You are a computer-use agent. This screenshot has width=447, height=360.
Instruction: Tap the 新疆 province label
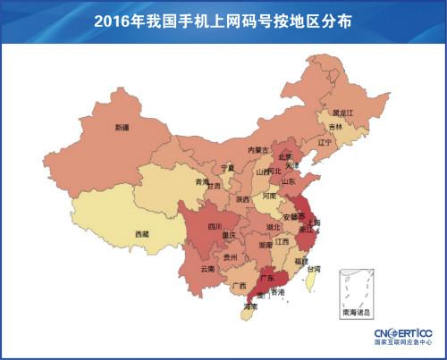pos(122,128)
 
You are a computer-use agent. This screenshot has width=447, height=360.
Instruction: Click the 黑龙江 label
pos(343,113)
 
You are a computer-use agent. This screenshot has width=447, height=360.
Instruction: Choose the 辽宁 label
pos(325,142)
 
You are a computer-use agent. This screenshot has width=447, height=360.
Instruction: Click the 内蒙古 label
pos(257,150)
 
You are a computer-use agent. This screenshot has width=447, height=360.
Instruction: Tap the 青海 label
pos(202,181)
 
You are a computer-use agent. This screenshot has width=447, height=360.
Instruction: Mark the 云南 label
pos(207,268)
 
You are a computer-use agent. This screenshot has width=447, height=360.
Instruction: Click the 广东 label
pos(266,279)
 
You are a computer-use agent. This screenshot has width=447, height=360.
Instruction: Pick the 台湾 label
pos(314,269)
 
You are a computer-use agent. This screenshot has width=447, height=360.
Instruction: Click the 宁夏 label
pos(227,167)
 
